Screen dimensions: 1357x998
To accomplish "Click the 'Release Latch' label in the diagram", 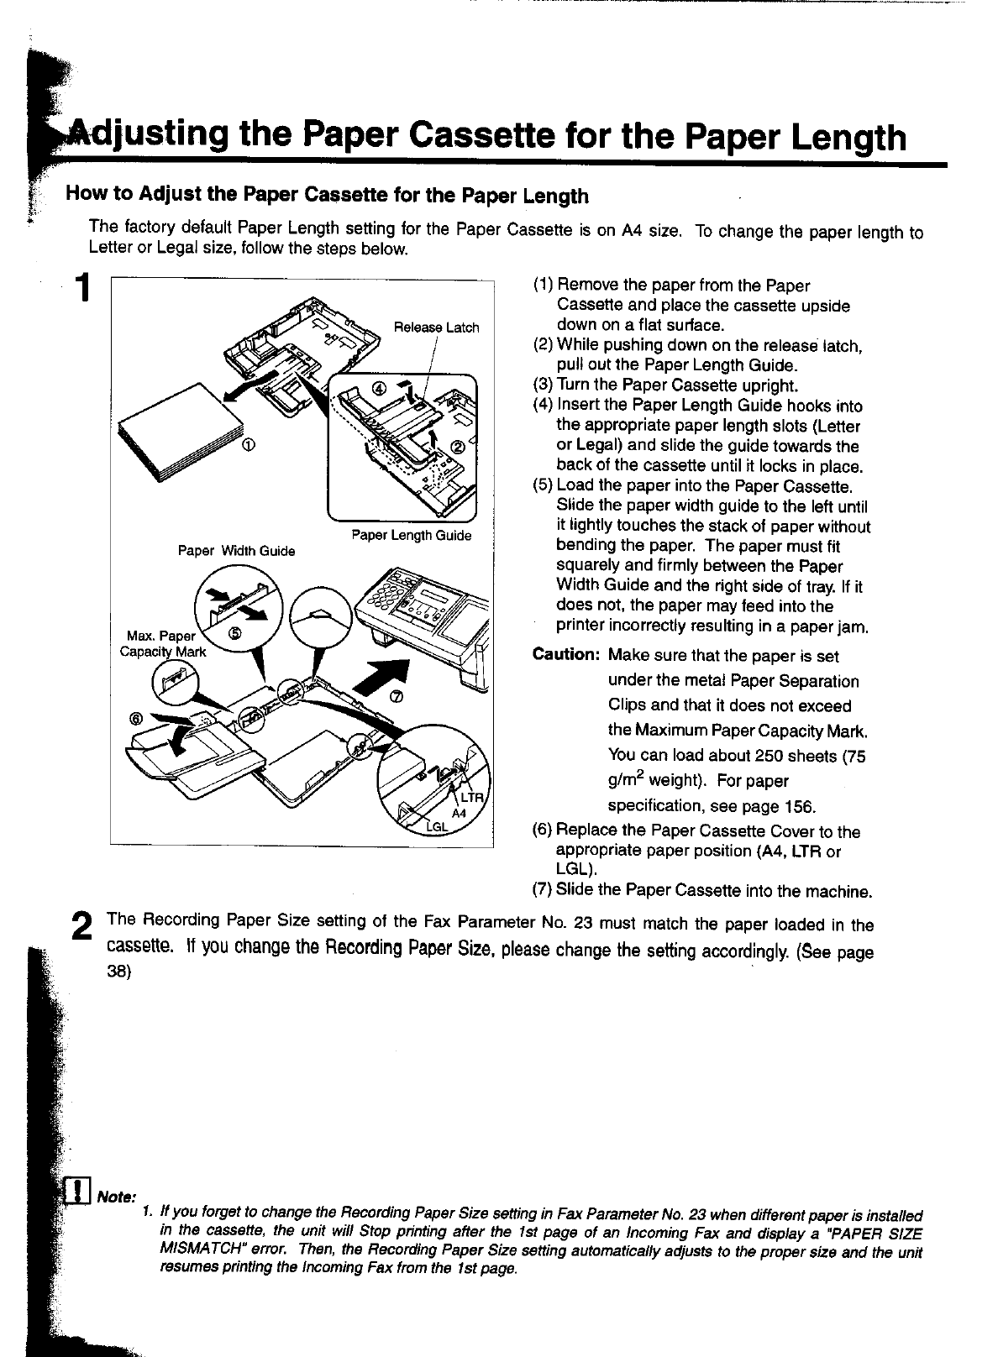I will click(x=436, y=327).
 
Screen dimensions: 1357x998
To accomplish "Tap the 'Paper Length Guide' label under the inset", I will click(x=411, y=536).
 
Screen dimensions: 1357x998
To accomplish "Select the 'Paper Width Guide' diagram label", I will click(x=236, y=551).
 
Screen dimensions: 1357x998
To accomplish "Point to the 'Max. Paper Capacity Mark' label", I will click(x=163, y=644).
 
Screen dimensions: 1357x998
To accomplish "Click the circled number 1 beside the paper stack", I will click(x=250, y=443).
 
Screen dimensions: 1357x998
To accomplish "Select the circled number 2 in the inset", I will click(x=459, y=446).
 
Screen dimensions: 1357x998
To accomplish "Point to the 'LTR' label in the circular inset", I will click(x=468, y=798).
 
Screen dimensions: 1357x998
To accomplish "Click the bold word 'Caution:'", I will click(x=566, y=656).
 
